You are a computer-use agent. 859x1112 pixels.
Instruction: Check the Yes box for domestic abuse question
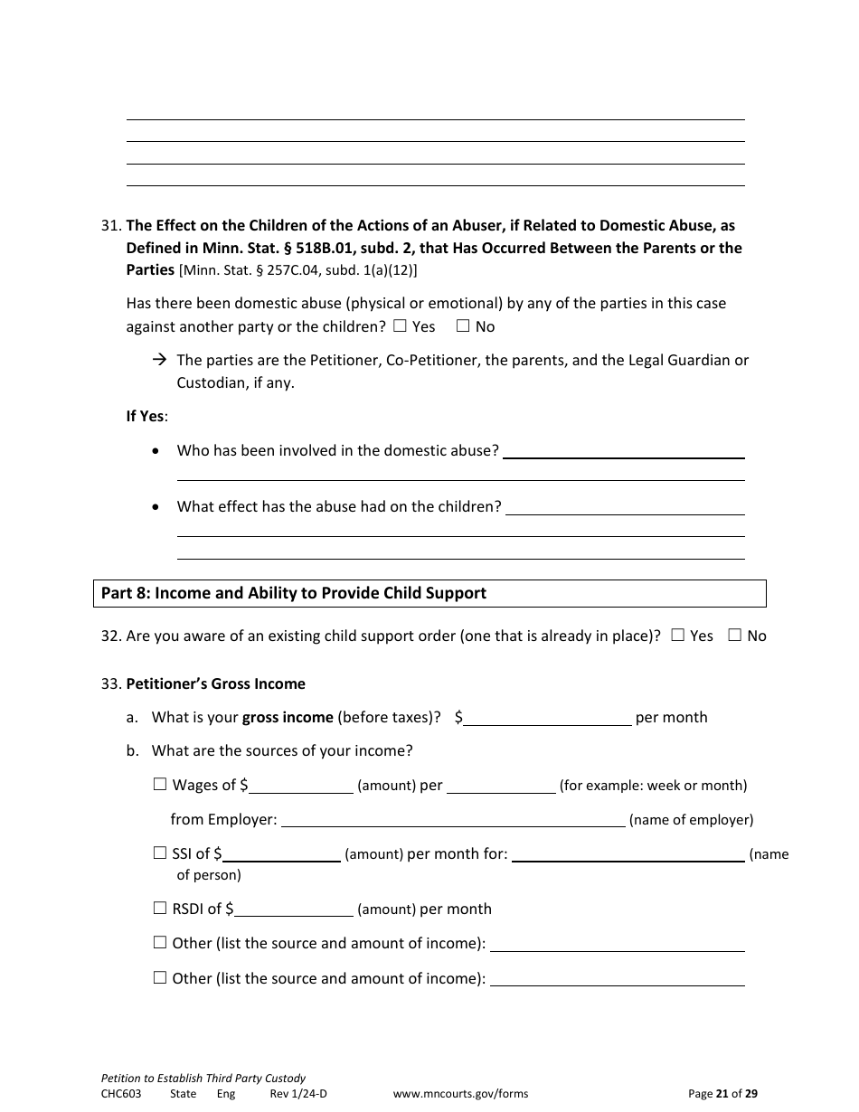[x=401, y=326]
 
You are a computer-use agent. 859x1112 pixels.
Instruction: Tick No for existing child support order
[x=735, y=636]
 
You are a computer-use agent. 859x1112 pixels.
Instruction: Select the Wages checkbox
[x=160, y=785]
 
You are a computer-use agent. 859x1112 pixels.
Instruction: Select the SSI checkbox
[x=160, y=853]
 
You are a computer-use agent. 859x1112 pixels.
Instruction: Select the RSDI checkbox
[x=160, y=909]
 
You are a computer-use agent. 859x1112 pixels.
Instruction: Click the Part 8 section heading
[x=294, y=593]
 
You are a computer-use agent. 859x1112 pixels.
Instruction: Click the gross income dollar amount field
[x=547, y=718]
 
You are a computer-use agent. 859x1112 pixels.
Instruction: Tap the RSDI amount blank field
[x=293, y=909]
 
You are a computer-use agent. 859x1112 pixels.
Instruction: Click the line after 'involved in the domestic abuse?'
[x=623, y=451]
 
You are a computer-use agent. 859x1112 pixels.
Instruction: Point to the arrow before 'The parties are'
[x=160, y=360]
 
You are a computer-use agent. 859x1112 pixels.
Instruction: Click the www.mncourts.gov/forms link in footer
[x=460, y=1093]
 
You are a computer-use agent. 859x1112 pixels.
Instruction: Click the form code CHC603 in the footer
[x=121, y=1093]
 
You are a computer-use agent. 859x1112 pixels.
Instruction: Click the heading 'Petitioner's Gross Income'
[x=215, y=683]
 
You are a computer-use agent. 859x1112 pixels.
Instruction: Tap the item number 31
[x=110, y=226]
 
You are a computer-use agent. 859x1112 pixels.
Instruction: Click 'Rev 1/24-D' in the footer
[x=298, y=1093]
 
